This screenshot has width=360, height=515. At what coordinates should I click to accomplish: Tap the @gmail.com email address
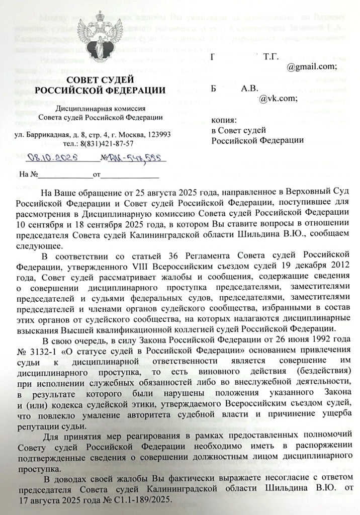point(311,67)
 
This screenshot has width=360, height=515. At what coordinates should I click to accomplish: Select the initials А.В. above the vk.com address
point(250,89)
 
